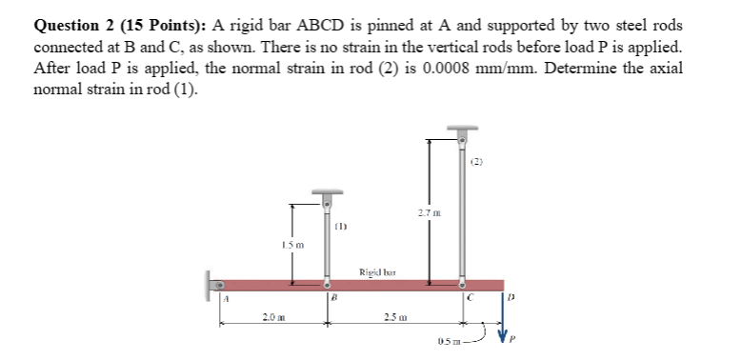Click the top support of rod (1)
pos(328,197)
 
